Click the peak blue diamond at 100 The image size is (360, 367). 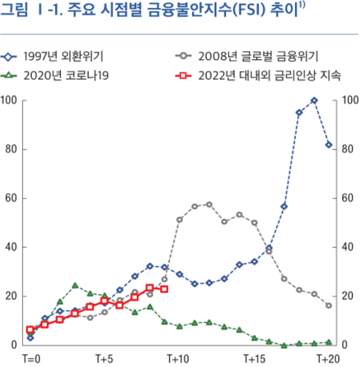point(314,100)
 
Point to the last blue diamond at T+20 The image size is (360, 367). point(328,145)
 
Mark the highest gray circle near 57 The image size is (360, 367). point(209,204)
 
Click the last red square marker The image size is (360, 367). point(164,289)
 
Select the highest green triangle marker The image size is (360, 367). point(75,286)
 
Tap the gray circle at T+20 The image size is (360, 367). point(328,305)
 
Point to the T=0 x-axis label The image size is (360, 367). point(32,358)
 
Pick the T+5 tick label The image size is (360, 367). point(104,358)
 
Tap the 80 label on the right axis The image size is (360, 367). point(343,149)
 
